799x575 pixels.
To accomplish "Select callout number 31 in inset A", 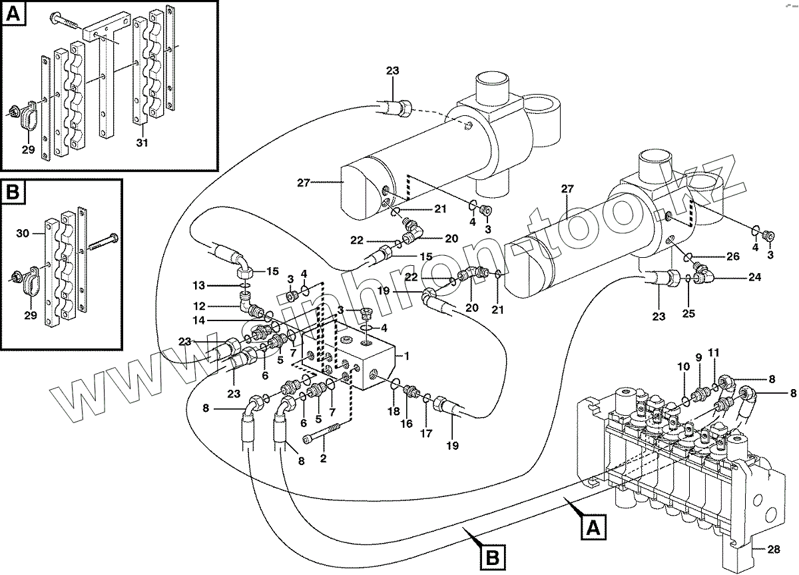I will [x=141, y=143].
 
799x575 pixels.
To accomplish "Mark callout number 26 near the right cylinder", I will [x=732, y=257].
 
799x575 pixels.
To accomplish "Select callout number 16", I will [x=407, y=423].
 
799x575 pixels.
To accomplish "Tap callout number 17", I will [x=425, y=433].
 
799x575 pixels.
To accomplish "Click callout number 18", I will [x=394, y=412].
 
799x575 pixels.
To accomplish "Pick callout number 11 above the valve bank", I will [x=714, y=352].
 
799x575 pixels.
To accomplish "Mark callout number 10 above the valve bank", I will [x=682, y=366].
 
